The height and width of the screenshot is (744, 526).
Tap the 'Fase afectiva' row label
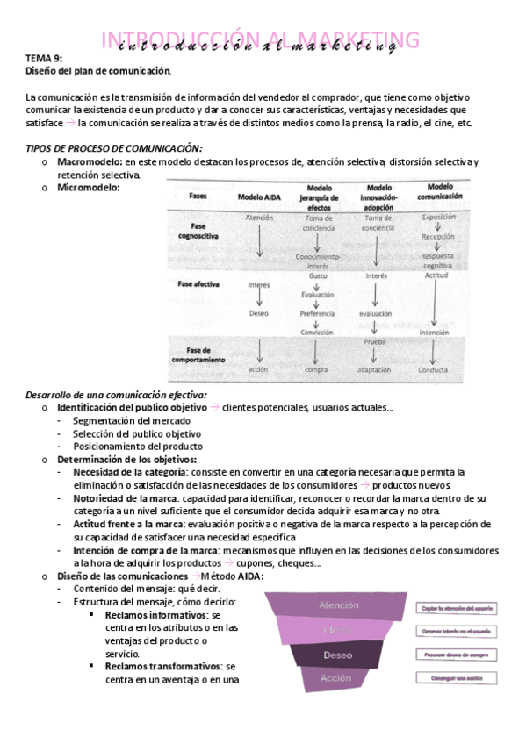click(199, 285)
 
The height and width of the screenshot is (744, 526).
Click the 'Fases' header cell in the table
click(198, 197)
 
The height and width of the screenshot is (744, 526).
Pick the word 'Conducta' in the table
click(434, 369)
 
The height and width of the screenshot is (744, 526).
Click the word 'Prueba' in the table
click(375, 340)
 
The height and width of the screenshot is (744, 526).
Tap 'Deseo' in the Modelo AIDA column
click(259, 312)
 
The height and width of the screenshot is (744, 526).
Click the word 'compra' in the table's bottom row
click(316, 369)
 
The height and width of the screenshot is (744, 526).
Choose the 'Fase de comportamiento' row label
click(200, 354)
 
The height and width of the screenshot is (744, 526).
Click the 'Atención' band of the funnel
click(339, 605)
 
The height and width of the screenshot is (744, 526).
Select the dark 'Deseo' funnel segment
click(338, 655)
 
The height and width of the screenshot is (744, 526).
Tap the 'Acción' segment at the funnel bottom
click(336, 679)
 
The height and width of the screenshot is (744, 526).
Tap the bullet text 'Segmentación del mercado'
click(127, 421)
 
